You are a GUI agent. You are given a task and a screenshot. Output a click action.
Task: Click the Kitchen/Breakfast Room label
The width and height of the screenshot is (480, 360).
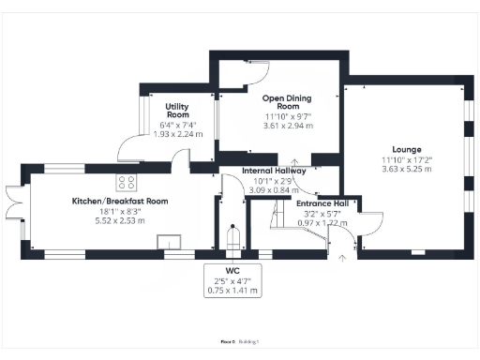pos(120,202)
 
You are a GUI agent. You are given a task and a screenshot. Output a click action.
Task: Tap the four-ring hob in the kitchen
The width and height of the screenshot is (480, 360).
pos(127,182)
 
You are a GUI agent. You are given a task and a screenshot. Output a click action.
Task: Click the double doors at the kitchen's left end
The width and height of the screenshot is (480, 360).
pos(12,200)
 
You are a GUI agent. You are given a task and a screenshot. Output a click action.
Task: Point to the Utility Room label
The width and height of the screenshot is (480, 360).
pos(178,111)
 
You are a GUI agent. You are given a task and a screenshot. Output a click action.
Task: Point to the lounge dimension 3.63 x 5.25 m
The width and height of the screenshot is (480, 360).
pos(406,170)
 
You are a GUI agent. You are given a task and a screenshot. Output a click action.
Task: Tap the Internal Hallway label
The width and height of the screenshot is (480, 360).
pos(274,172)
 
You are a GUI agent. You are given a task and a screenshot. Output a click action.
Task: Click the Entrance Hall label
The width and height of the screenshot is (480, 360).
pos(322,203)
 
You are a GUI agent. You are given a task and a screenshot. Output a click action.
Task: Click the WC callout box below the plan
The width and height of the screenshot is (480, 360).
pos(232,280)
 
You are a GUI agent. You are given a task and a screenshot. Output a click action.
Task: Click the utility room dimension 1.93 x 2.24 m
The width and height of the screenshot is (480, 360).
pos(178,133)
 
